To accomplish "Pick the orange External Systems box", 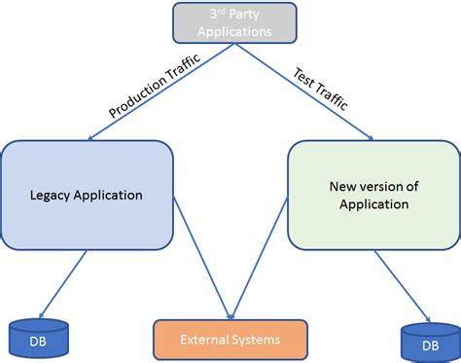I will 230,340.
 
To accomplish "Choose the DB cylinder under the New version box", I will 428,343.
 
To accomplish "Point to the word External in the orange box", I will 206,340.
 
